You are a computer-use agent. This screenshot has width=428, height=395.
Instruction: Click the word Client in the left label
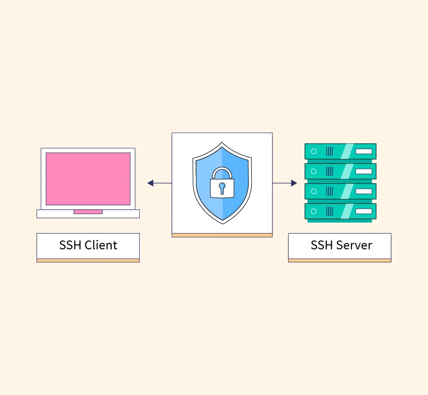coord(101,245)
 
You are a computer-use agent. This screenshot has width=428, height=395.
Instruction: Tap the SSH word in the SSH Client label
coord(70,245)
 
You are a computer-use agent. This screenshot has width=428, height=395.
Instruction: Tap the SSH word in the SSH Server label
coord(322,245)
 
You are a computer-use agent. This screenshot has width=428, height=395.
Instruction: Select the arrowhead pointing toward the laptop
coord(151,183)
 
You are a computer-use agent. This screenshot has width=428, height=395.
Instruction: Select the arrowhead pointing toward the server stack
coord(294,183)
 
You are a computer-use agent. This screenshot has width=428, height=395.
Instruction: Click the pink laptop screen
coord(88,179)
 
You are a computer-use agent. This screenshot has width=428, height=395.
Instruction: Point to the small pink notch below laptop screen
coord(88,212)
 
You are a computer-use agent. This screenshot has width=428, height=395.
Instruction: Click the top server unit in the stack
coord(340,151)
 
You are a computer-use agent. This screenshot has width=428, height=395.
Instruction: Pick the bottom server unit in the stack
coord(340,211)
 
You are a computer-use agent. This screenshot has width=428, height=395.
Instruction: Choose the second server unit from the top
coord(340,171)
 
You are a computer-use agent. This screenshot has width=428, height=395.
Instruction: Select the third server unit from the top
coord(340,191)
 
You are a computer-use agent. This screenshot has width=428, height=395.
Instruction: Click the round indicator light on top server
coord(313,151)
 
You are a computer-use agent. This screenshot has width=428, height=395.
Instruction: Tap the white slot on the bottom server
coord(364,211)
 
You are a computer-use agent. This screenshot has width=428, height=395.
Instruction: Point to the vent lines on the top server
coord(329,151)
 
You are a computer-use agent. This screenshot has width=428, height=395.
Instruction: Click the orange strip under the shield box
coord(222,235)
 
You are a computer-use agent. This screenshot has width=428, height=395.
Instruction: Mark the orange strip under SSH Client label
coord(88,260)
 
